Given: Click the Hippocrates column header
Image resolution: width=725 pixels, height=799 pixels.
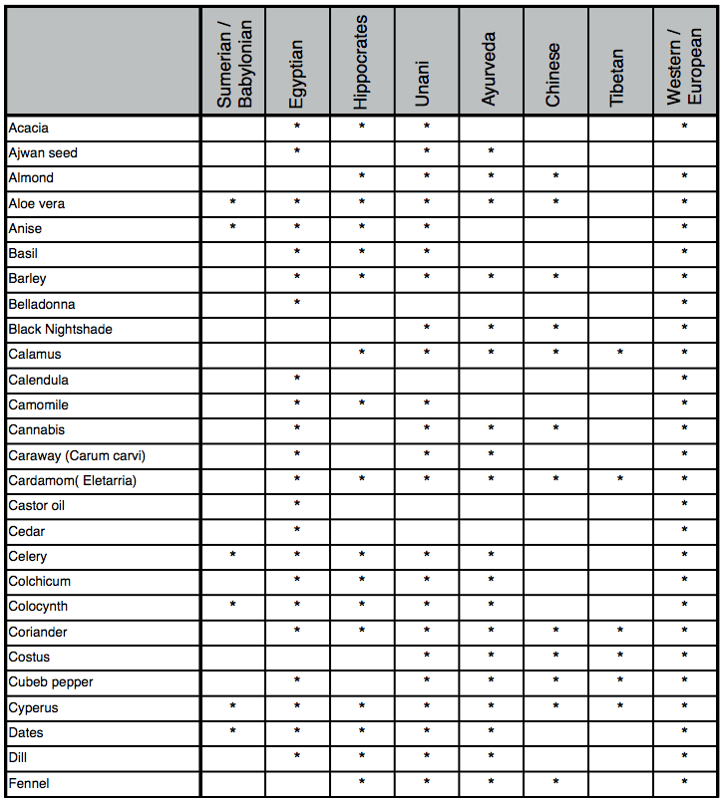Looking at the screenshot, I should click(x=361, y=62).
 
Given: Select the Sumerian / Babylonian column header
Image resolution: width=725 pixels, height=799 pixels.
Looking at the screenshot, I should click(x=233, y=62).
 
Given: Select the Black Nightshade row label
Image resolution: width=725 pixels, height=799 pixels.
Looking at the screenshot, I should click(x=60, y=329).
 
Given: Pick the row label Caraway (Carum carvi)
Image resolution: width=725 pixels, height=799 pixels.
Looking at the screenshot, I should click(x=77, y=455).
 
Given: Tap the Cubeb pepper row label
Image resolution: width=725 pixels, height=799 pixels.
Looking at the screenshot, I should click(x=50, y=682).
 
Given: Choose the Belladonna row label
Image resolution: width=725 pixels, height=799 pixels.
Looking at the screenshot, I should click(x=42, y=304).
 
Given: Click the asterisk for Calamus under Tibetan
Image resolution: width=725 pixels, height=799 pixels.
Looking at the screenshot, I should click(x=620, y=355).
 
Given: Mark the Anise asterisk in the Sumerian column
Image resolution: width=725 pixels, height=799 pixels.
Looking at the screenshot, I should click(x=232, y=228).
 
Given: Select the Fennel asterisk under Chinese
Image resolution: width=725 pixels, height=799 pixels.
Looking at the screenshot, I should click(x=555, y=783).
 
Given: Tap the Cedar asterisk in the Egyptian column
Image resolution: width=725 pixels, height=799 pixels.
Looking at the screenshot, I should click(x=297, y=531).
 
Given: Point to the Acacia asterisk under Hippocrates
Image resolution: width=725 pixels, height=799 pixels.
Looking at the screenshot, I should click(x=362, y=128).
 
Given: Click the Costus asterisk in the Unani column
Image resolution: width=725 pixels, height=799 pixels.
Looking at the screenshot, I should click(x=426, y=658).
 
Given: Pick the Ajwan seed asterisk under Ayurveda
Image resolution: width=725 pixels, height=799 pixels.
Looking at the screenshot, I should click(x=491, y=152).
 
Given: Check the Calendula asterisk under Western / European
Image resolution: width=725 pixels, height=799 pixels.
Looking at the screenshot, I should click(x=684, y=380).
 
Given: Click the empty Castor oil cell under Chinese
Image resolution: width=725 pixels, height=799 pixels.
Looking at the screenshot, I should click(x=555, y=505).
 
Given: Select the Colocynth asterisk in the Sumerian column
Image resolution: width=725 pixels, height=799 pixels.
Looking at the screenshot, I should click(x=232, y=607).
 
